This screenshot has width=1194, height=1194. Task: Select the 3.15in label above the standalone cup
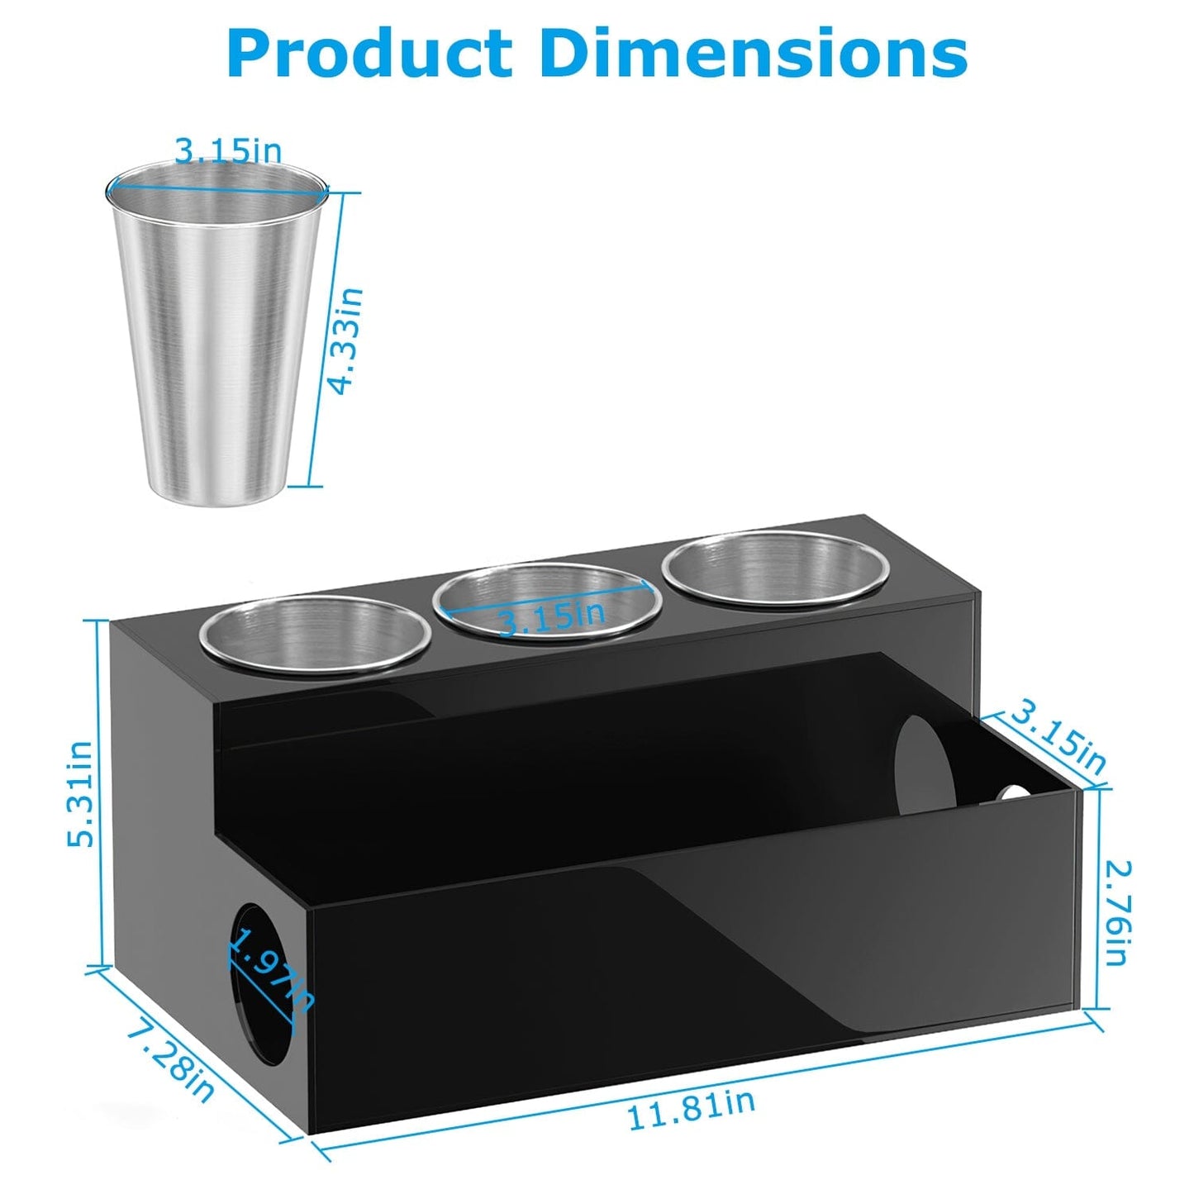pyautogui.click(x=228, y=150)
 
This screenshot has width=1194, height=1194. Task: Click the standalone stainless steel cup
pyautogui.click(x=216, y=331)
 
